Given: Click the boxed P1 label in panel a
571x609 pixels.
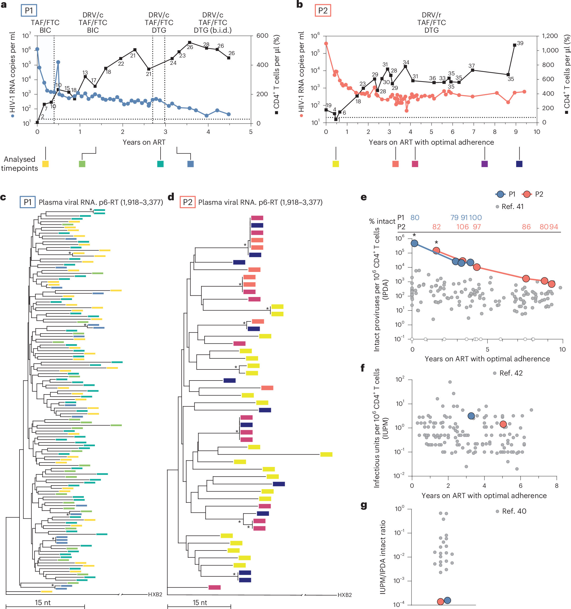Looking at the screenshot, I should tap(29, 11).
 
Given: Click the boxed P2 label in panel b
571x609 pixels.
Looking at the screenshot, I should tap(323, 11).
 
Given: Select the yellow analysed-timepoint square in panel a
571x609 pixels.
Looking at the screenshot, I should tap(45, 164).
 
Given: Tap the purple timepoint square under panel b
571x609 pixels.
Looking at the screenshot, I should tap(484, 164).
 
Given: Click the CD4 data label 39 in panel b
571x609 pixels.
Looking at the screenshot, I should tap(520, 43).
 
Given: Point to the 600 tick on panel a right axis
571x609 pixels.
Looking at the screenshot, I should tap(262, 36).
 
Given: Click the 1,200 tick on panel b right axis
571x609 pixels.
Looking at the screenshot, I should tap(550, 36).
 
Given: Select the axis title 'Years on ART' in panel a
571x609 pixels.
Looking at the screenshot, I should tap(144, 142).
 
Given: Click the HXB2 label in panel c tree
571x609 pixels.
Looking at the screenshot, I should tap(155, 594).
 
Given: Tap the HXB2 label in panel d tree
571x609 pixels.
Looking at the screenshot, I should tap(345, 595).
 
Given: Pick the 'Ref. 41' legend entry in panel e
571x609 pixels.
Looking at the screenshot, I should tap(512, 207).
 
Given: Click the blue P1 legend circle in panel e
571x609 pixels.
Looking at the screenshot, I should tap(500, 194).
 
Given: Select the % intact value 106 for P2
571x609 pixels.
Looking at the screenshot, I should tap(462, 227).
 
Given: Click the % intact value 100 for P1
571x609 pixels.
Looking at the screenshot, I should tap(475, 217).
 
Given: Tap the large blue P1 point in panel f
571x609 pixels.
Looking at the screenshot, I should tap(471, 416).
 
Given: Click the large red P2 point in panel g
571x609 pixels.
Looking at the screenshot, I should tap(441, 601).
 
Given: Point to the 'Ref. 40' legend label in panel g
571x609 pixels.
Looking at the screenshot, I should tap(514, 511).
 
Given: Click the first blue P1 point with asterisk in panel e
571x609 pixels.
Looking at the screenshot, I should tap(414, 243).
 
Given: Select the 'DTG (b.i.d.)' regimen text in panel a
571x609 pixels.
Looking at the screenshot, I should tap(212, 30).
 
